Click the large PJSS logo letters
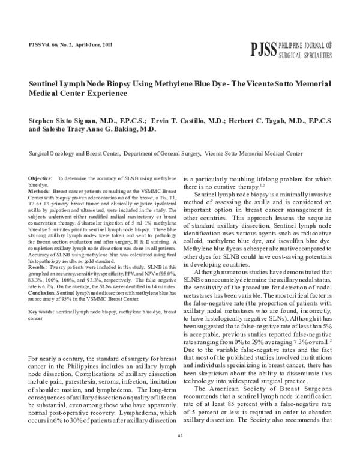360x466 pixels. pos(261,49)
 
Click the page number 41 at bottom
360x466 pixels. pos(179,452)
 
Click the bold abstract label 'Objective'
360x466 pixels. pos(40,179)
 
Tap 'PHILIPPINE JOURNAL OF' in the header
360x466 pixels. pos(305,46)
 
